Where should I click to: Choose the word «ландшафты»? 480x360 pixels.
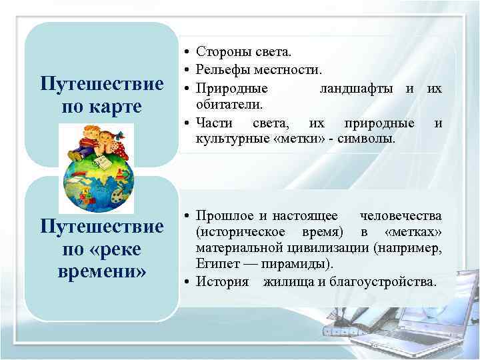coord(358,88)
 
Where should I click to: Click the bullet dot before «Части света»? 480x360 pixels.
coord(188,123)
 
